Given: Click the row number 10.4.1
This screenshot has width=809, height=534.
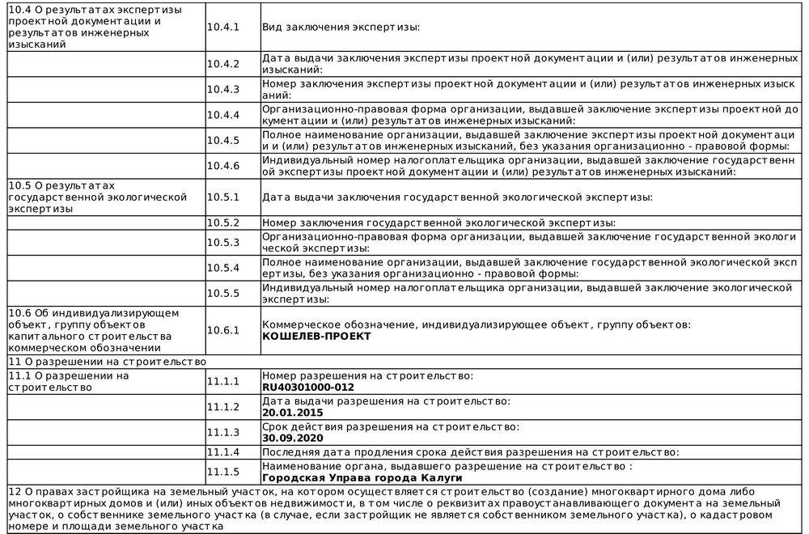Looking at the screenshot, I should point(223,28).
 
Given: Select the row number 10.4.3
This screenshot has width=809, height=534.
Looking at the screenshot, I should point(223,89).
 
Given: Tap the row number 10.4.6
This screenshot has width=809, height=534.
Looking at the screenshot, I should point(223,166).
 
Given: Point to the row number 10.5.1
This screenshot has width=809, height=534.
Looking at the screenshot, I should point(223,197).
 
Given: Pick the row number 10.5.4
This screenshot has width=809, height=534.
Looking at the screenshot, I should point(223,268).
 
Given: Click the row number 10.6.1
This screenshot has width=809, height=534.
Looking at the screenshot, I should point(223,330).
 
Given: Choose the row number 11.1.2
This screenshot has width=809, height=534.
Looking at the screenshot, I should point(223,406).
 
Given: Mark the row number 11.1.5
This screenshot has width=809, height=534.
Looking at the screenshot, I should point(223,472).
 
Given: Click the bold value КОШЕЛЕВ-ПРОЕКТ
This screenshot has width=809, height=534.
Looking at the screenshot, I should point(316,336).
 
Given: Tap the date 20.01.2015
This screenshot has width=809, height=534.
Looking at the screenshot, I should point(292,412).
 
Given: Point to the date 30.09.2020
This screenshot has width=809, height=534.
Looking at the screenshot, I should point(292,438).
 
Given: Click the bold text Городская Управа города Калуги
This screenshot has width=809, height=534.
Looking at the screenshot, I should point(362,477).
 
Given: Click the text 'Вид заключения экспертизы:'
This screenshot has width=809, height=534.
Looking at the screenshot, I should point(341,28).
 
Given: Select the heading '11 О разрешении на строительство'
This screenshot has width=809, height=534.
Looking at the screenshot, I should point(107,362).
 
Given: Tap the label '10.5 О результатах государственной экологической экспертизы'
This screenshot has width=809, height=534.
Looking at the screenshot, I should point(97,197).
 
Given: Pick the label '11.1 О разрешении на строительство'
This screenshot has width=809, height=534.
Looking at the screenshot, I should point(68,381).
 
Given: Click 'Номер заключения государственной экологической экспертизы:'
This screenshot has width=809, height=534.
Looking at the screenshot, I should point(439,222).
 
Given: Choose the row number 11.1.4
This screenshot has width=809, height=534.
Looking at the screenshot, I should point(223,451).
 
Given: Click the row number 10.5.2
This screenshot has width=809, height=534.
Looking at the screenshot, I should point(223,222).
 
